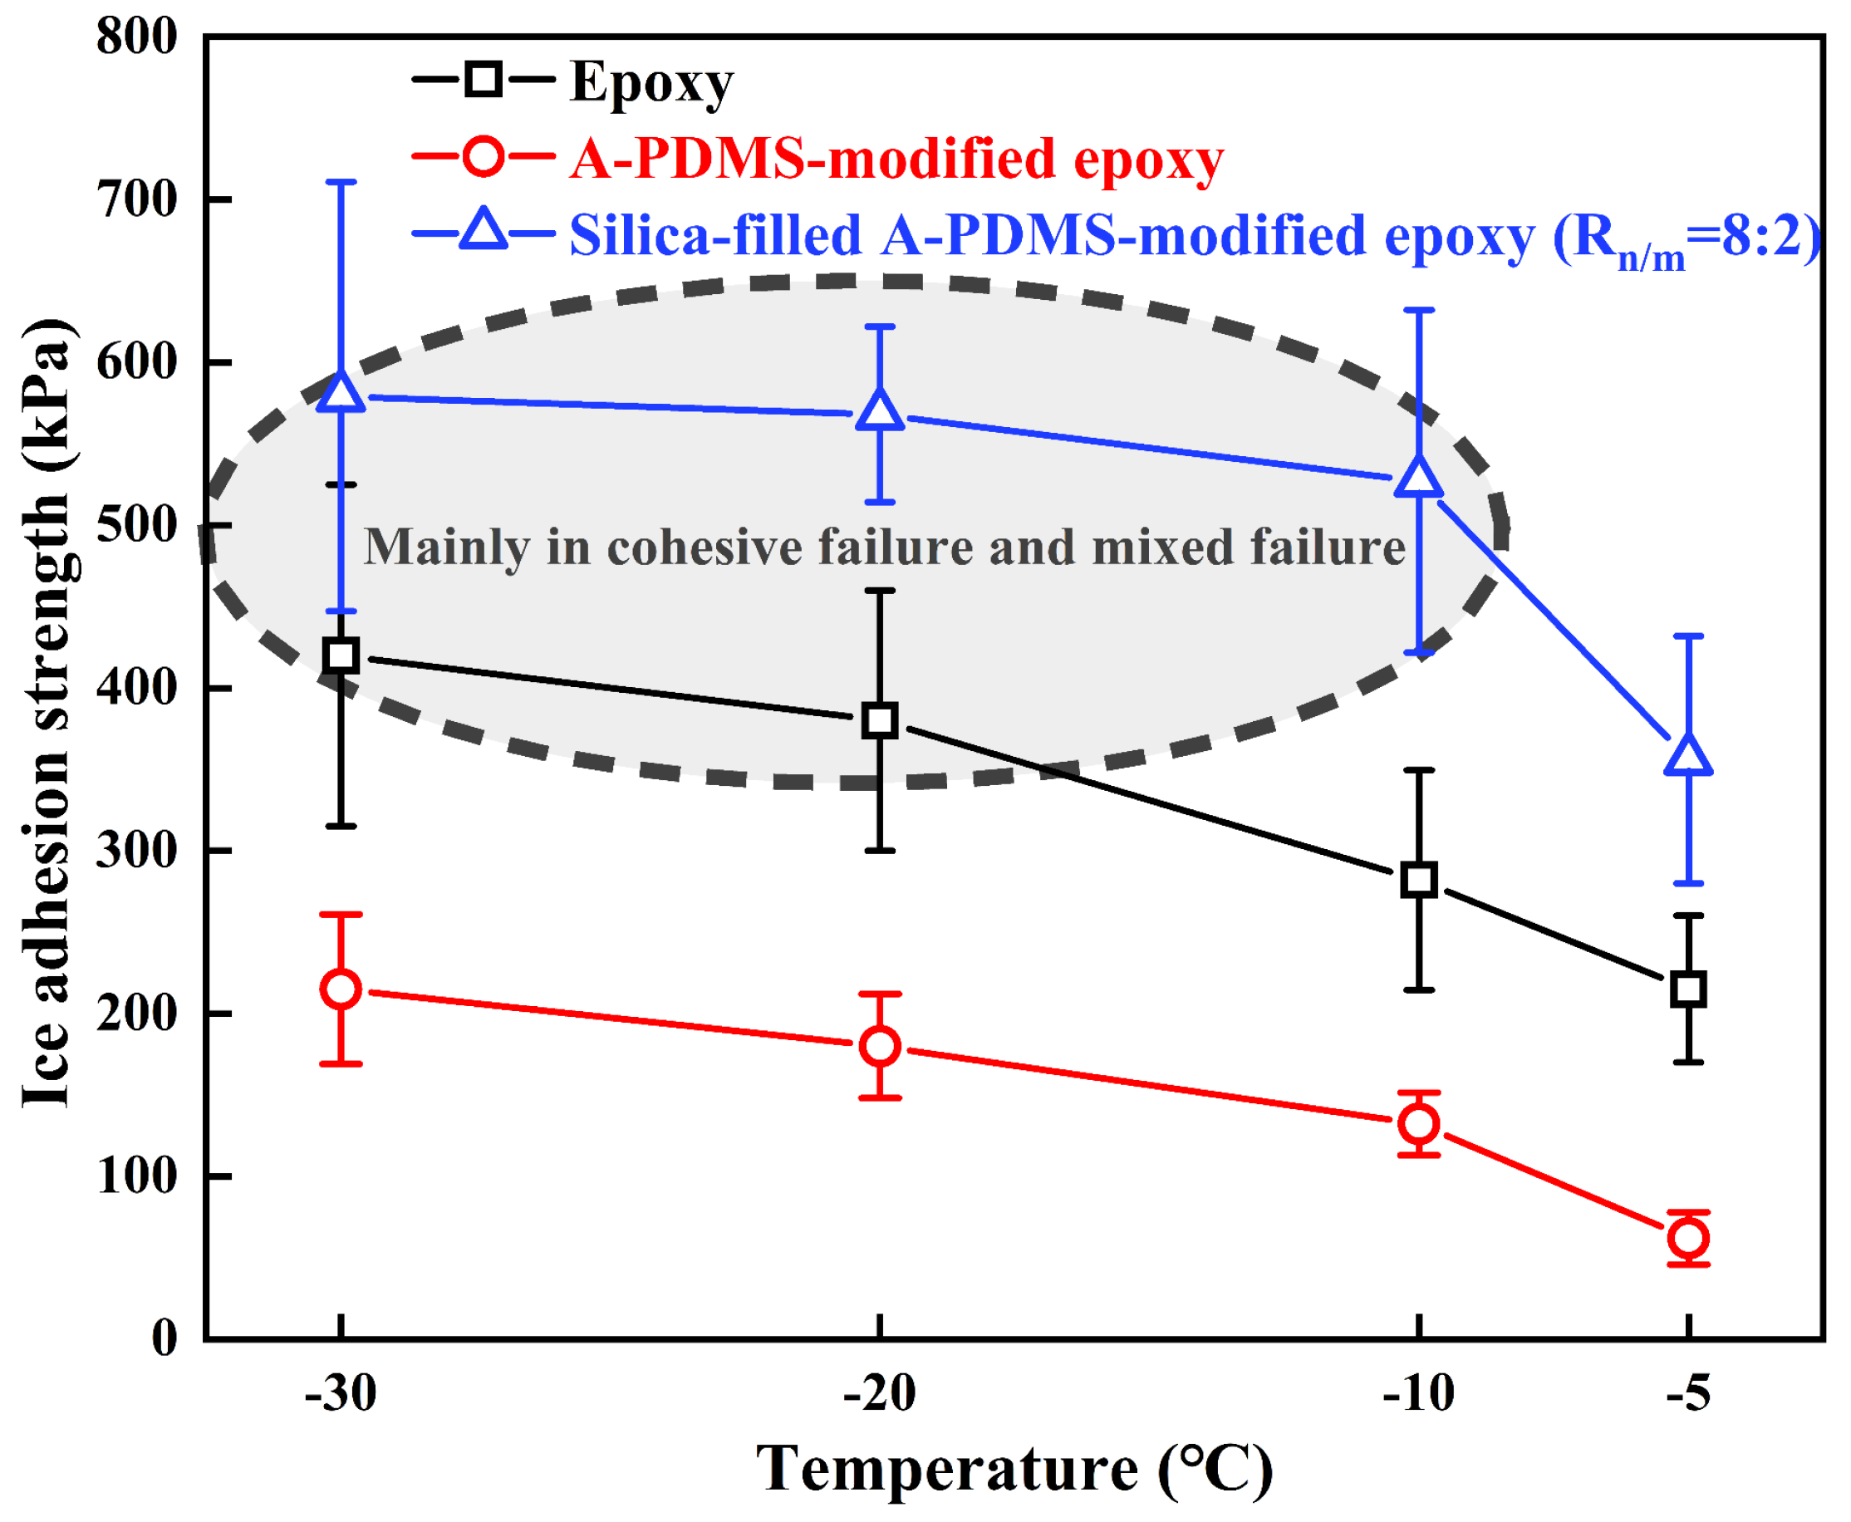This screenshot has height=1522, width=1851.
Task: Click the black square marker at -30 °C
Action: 341,655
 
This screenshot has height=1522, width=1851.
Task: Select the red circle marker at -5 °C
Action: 1688,1238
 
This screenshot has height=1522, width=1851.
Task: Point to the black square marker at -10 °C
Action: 1419,878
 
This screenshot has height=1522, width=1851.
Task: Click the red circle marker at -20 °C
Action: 880,1046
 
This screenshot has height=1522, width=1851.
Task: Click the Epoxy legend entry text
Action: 651,83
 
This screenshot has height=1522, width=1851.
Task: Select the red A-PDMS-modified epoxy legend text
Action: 896,160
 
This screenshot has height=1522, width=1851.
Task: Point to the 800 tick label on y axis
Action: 137,37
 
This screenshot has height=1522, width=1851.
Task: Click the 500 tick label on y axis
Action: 137,526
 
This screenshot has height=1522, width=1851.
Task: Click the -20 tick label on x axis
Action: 880,1394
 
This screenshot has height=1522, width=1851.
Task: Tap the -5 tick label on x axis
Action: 1688,1394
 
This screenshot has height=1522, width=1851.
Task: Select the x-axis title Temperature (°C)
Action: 1014,1469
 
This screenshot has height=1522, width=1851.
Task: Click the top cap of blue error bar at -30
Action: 341,183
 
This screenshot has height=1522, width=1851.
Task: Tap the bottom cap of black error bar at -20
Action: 880,851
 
